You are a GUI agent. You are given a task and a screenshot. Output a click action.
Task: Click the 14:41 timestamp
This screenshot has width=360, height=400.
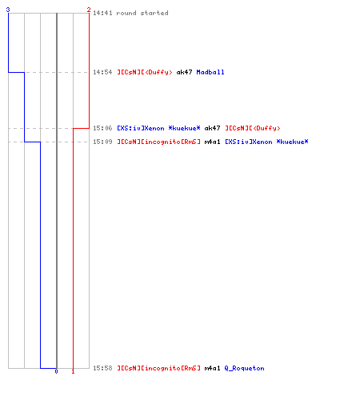pos(102,13)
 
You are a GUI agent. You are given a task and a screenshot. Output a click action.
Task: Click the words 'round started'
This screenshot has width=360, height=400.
pos(142,13)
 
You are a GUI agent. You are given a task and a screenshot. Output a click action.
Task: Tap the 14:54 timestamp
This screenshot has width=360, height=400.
pos(102,72)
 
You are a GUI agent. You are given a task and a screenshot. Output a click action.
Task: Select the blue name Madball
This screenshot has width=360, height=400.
pos(210,72)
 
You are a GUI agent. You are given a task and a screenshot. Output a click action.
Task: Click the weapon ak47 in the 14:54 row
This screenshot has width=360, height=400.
pos(184,72)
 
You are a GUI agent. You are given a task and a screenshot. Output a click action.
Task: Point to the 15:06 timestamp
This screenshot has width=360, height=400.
pos(102,128)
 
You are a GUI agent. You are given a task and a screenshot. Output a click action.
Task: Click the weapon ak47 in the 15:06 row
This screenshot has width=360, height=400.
pos(212,128)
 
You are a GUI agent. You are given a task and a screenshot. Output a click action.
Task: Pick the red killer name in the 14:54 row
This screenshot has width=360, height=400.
pos(145,72)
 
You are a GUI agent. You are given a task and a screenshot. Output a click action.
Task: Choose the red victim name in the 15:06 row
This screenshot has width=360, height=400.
pos(253,128)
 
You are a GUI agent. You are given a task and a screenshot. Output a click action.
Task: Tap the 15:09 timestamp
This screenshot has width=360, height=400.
pos(102,142)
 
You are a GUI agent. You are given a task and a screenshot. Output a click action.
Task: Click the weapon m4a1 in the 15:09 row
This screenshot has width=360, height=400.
pos(212,142)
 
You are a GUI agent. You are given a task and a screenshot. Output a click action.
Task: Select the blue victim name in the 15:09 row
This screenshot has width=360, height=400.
pos(267,142)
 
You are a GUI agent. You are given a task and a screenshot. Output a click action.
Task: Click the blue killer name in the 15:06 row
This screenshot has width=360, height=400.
pos(159,128)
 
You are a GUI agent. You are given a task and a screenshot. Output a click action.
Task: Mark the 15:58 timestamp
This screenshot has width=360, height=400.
pos(102,368)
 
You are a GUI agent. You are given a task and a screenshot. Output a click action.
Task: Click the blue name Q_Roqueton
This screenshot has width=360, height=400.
pos(245,368)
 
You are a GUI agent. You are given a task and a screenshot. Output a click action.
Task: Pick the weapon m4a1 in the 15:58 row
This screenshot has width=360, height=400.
pos(212,368)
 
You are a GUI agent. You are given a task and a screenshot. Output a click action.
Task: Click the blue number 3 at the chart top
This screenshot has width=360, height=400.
pos(8,10)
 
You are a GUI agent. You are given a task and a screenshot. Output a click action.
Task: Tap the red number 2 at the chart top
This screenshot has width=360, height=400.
pos(89,10)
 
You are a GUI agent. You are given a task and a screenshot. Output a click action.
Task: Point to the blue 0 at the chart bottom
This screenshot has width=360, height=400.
pos(56,371)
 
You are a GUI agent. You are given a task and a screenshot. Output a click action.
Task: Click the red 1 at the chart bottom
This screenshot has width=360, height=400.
pos(73,371)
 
